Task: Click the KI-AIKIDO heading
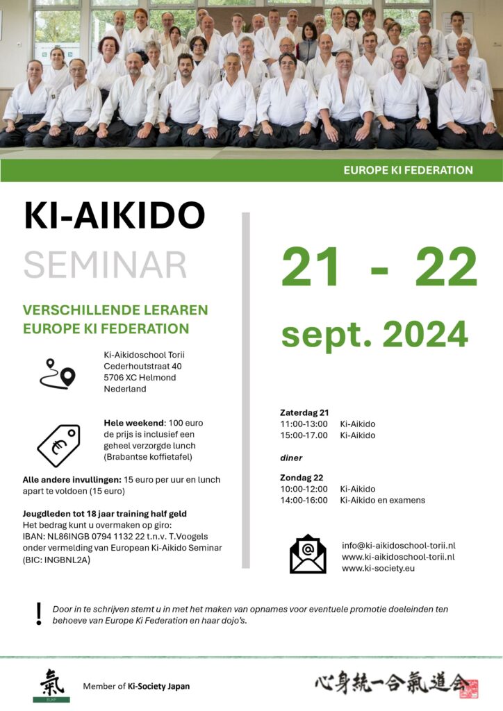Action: pyautogui.click(x=115, y=215)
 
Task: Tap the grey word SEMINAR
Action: pyautogui.click(x=105, y=265)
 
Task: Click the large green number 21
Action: pyautogui.click(x=311, y=267)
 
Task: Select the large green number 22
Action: pyautogui.click(x=446, y=267)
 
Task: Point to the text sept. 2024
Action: pyautogui.click(x=374, y=334)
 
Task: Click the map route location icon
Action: pyautogui.click(x=57, y=374)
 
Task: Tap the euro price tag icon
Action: pyautogui.click(x=58, y=445)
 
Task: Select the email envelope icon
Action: pyautogui.click(x=308, y=554)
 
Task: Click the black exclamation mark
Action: pyautogui.click(x=39, y=614)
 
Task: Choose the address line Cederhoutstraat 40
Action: pyautogui.click(x=142, y=366)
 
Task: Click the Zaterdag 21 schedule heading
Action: pyautogui.click(x=304, y=412)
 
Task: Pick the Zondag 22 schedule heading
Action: pyautogui.click(x=302, y=478)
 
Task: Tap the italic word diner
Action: pyautogui.click(x=291, y=458)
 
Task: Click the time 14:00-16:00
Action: pyautogui.click(x=304, y=500)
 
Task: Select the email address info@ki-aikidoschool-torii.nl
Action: pyautogui.click(x=398, y=546)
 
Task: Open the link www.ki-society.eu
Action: pyautogui.click(x=378, y=568)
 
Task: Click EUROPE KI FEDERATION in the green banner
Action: pyautogui.click(x=409, y=170)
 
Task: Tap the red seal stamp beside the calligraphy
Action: pyautogui.click(x=468, y=688)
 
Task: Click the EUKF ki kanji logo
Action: pyautogui.click(x=51, y=685)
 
